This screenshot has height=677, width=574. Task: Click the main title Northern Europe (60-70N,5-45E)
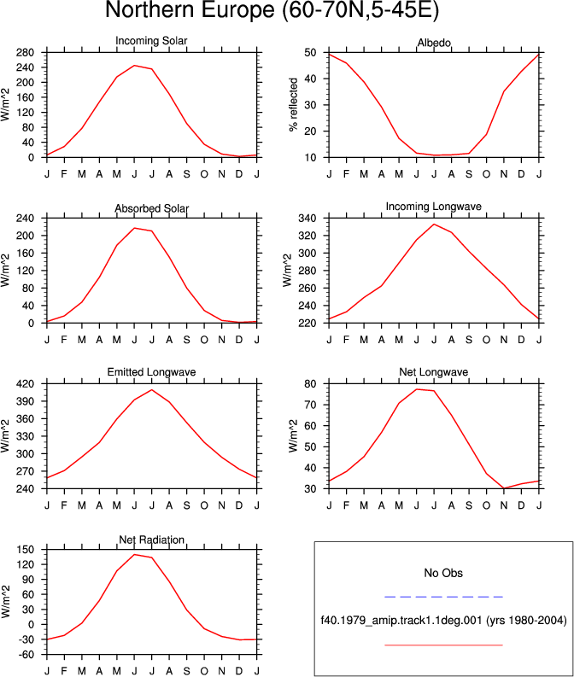272,10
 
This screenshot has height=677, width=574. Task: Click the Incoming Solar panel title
151,41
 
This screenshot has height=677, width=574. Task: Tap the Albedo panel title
434,43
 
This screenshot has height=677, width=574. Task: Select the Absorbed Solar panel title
151,208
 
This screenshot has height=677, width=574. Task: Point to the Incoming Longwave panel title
434,207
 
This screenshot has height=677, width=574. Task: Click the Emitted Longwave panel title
151,372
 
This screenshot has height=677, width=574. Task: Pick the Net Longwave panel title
434,372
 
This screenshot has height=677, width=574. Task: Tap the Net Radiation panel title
151,540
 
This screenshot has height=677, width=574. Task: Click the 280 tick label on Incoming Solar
25,53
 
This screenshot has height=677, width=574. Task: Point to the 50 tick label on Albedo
310,53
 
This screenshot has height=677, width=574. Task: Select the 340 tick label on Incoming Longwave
307,219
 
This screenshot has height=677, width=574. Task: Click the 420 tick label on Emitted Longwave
25,384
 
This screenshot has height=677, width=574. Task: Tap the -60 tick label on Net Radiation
25,655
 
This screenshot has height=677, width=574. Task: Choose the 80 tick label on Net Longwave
310,384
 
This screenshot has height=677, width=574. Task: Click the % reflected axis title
294,104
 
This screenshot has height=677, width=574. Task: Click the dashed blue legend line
443,597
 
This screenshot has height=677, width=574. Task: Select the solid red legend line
443,645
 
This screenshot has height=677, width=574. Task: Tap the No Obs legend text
443,573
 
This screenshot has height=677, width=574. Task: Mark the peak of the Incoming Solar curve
134,66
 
